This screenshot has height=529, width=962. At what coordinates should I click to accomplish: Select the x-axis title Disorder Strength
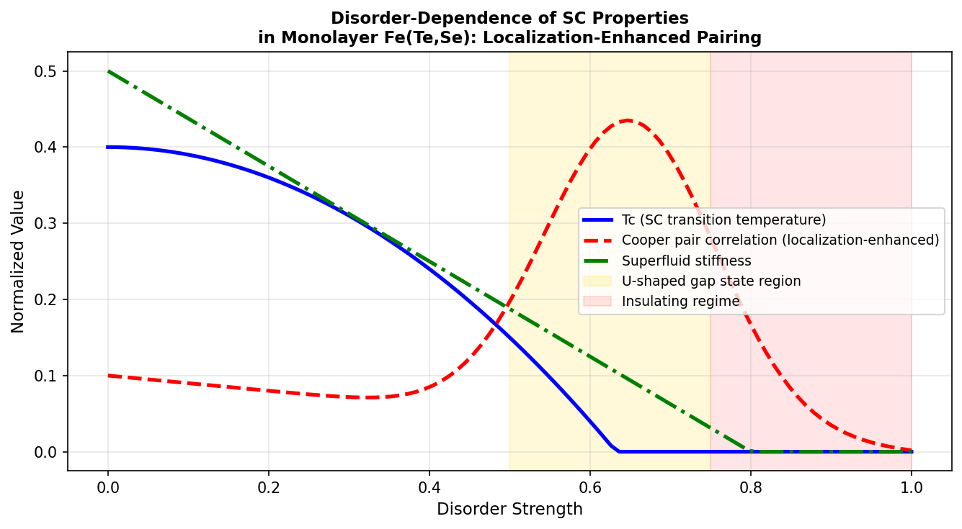pyautogui.click(x=509, y=510)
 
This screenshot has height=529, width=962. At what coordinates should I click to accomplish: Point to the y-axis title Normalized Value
pyautogui.click(x=18, y=261)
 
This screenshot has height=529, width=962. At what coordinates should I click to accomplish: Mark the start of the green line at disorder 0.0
pyautogui.click(x=108, y=71)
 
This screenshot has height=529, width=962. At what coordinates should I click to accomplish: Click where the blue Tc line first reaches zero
pyautogui.click(x=619, y=451)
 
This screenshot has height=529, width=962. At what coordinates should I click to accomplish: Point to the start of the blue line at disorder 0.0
pyautogui.click(x=108, y=147)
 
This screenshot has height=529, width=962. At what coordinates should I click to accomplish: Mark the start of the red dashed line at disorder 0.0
pyautogui.click(x=108, y=376)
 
